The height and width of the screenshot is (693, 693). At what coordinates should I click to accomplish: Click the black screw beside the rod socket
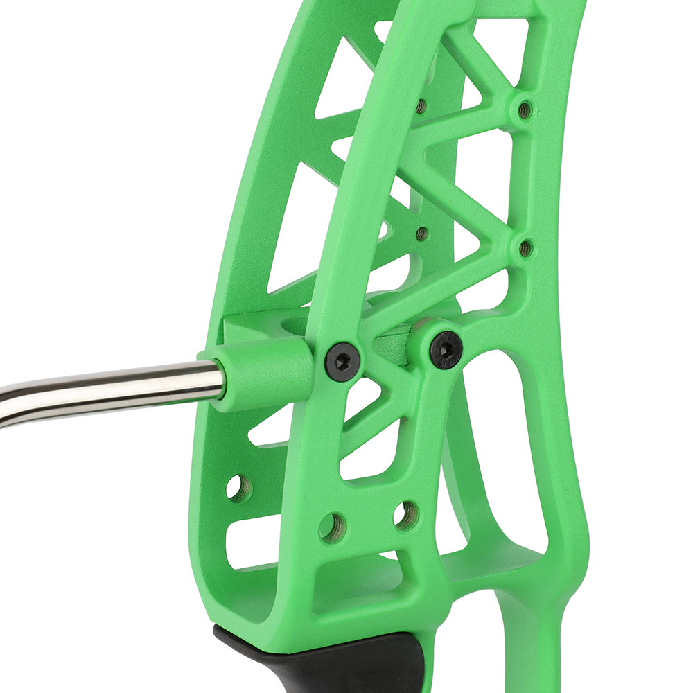coord(342,359)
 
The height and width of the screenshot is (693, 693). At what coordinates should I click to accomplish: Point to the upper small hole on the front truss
coord(525,109)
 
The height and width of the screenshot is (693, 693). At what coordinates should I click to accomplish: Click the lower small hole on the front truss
coord(525,247)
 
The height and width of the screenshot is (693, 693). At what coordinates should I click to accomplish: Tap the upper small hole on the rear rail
coord(421,106)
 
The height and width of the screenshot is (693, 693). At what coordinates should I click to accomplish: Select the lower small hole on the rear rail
coord(421,234)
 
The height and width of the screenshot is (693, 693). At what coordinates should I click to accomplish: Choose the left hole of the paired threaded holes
coord(332,527)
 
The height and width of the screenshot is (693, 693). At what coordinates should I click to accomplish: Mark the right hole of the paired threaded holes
coord(405,514)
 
